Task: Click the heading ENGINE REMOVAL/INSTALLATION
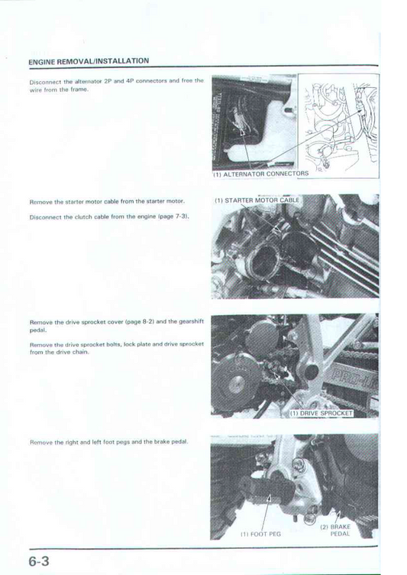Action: tap(89, 61)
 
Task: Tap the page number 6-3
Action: tap(39, 561)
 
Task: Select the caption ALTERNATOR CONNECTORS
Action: tap(261, 174)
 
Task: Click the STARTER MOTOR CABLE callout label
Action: tap(257, 200)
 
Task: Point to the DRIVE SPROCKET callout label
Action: tap(321, 413)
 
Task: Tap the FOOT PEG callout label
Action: tap(260, 534)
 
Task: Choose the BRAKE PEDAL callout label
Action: tap(335, 530)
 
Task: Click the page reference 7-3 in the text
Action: tap(181, 216)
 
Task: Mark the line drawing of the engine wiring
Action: tap(338, 125)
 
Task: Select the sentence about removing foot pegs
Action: tap(108, 442)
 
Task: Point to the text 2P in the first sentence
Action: tap(108, 81)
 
